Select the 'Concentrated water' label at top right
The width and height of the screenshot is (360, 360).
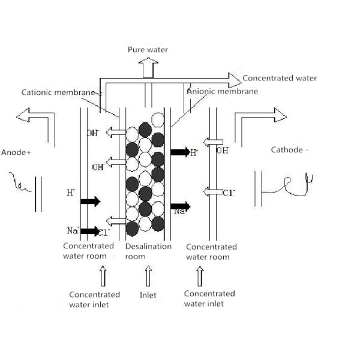[280, 79]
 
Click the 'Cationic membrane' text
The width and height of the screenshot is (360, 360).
[58, 92]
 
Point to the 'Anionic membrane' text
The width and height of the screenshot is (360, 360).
[222, 91]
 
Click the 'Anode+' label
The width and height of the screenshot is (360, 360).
[16, 152]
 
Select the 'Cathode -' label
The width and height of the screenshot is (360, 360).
[290, 150]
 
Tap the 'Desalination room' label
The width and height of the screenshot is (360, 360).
[148, 251]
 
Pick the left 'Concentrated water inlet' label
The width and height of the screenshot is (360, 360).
[94, 299]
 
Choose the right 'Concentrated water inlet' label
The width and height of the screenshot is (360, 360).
[209, 298]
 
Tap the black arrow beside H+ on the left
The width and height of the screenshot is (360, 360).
[90, 202]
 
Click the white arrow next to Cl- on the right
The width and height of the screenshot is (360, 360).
[213, 192]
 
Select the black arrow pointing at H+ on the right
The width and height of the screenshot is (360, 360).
[179, 152]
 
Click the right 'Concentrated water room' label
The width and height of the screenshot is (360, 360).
[211, 251]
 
